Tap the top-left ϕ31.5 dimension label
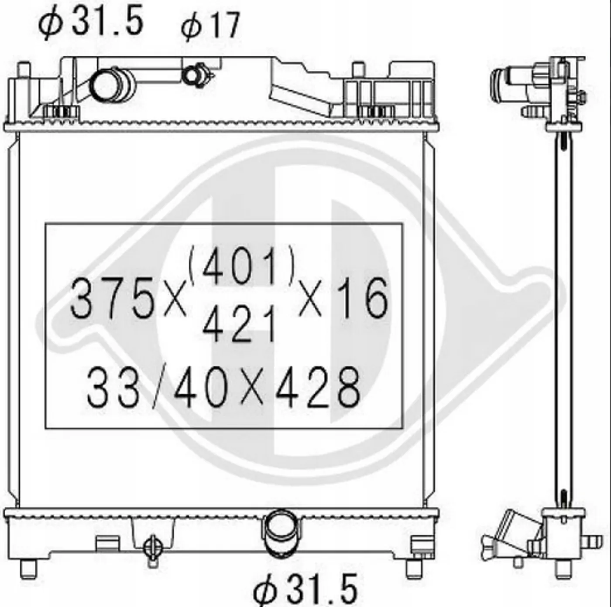pos(91,21)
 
